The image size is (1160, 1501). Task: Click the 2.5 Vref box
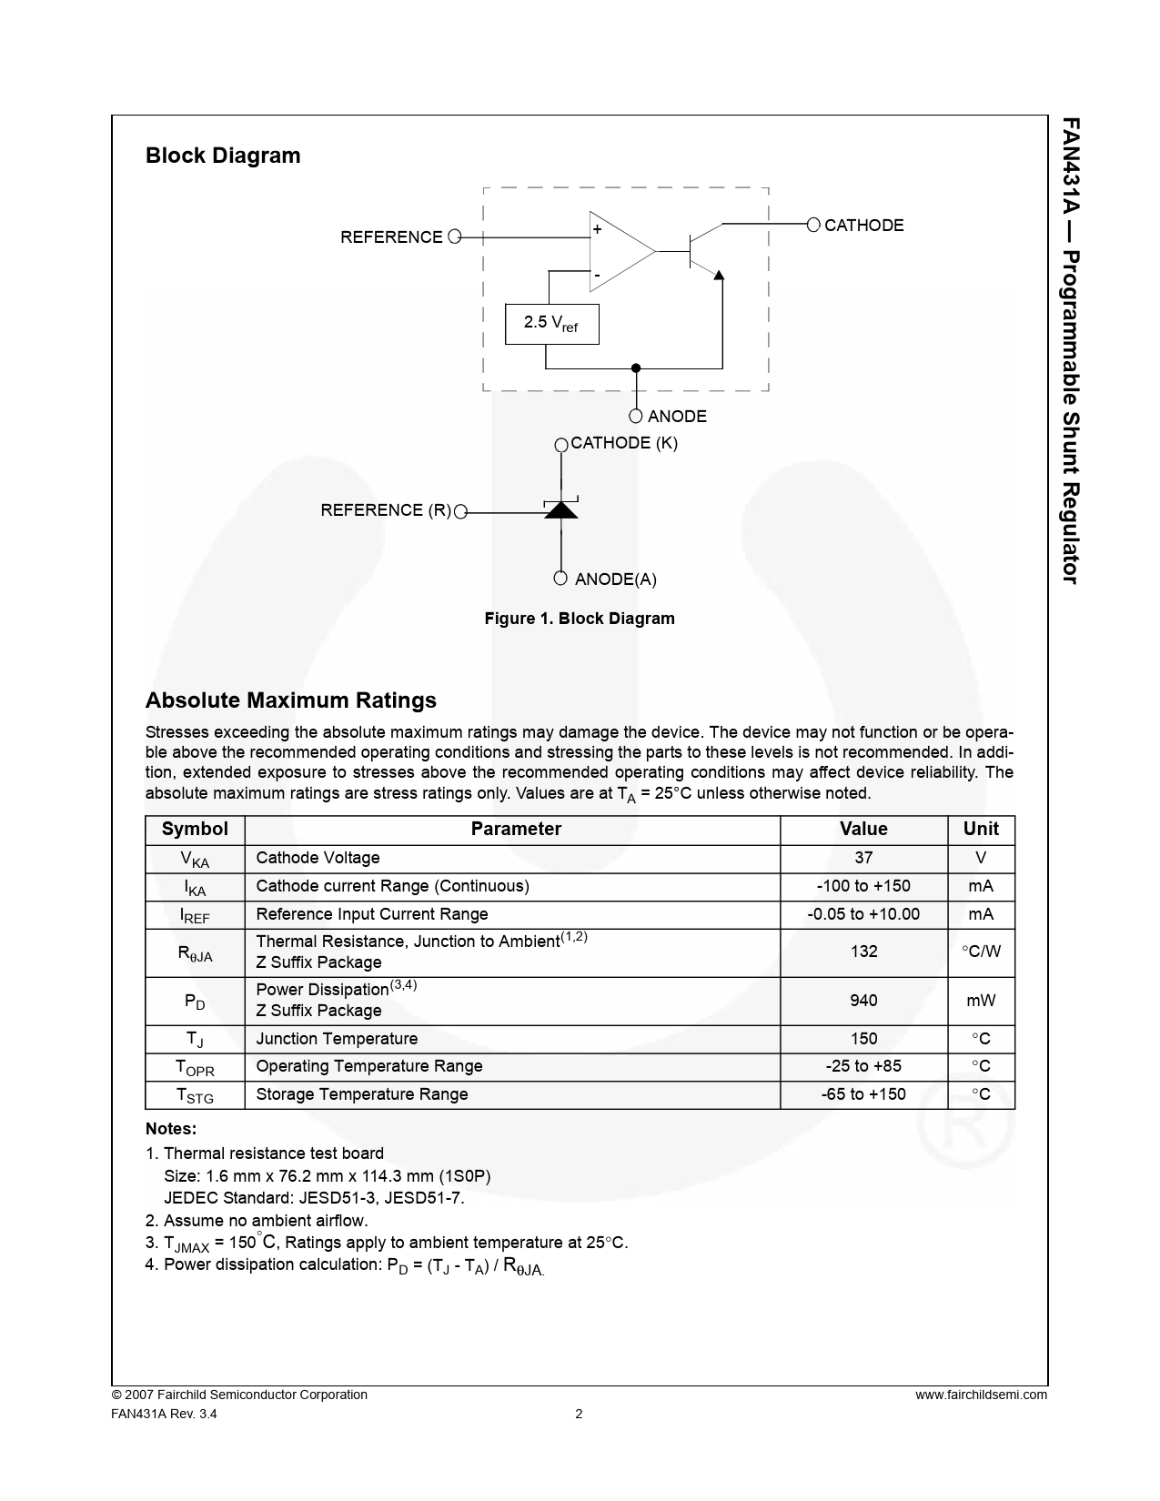[x=551, y=324]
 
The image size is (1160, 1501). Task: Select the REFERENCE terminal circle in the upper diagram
[x=455, y=237]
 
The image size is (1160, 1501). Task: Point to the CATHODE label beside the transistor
[x=863, y=226]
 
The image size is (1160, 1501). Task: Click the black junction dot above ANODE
[x=636, y=368]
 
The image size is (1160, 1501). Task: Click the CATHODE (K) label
[x=623, y=443]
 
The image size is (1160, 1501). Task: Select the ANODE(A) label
[x=615, y=579]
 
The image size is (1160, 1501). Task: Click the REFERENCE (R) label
[x=386, y=510]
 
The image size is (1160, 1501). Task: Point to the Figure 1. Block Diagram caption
[x=580, y=619]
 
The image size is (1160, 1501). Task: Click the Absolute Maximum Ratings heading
[x=291, y=700]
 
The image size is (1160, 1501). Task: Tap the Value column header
[x=863, y=829]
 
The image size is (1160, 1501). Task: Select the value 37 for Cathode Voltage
[x=863, y=858]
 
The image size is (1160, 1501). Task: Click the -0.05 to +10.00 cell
[x=863, y=914]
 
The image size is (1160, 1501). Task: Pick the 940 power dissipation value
[x=863, y=1001]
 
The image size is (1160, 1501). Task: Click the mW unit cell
[x=981, y=1001]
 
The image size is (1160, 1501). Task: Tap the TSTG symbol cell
[x=195, y=1095]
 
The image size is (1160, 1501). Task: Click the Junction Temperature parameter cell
[x=337, y=1039]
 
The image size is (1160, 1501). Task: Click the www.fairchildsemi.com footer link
[x=981, y=1395]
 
